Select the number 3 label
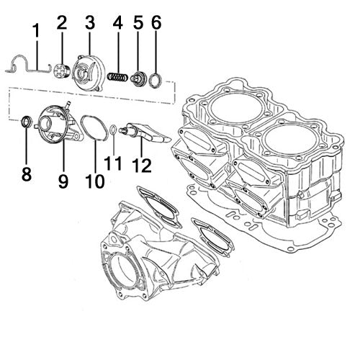pos(89,22)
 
